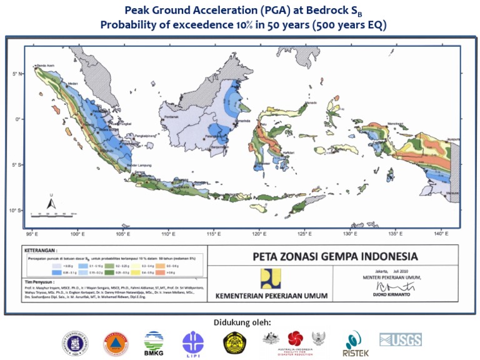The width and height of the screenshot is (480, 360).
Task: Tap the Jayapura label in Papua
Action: [x=452, y=138]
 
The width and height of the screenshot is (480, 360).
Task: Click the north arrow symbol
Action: [x=52, y=201]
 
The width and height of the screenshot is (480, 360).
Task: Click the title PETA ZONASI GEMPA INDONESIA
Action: [x=336, y=256]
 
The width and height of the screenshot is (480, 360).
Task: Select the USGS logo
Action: [x=400, y=340]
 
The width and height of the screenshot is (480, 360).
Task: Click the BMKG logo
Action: [x=154, y=341]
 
